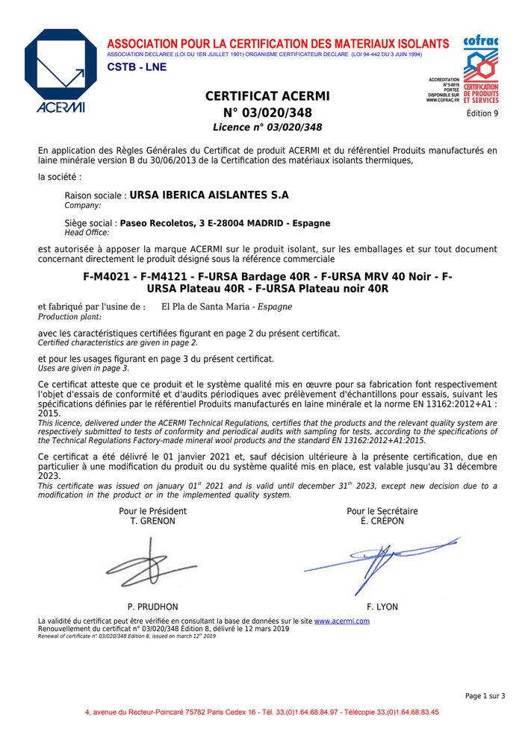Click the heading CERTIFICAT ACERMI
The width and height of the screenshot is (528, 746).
tap(267, 96)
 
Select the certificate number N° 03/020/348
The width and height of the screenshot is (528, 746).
tap(267, 113)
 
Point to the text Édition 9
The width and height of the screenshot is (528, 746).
tap(482, 113)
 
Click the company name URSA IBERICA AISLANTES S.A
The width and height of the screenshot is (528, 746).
tap(209, 195)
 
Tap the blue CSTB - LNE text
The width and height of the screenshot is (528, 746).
tap(137, 67)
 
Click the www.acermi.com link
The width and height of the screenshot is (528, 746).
tap(341, 621)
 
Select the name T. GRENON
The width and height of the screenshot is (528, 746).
tap(152, 521)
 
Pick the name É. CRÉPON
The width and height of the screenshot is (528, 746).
tap(382, 521)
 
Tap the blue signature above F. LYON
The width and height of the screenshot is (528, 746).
tap(381, 561)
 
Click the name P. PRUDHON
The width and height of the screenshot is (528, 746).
tap(152, 607)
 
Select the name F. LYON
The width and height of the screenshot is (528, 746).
tap(382, 607)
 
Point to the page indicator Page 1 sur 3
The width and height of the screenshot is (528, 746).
tap(485, 696)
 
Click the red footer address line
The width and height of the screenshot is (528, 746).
tap(262, 712)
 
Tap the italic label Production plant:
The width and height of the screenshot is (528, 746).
tap(69, 316)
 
